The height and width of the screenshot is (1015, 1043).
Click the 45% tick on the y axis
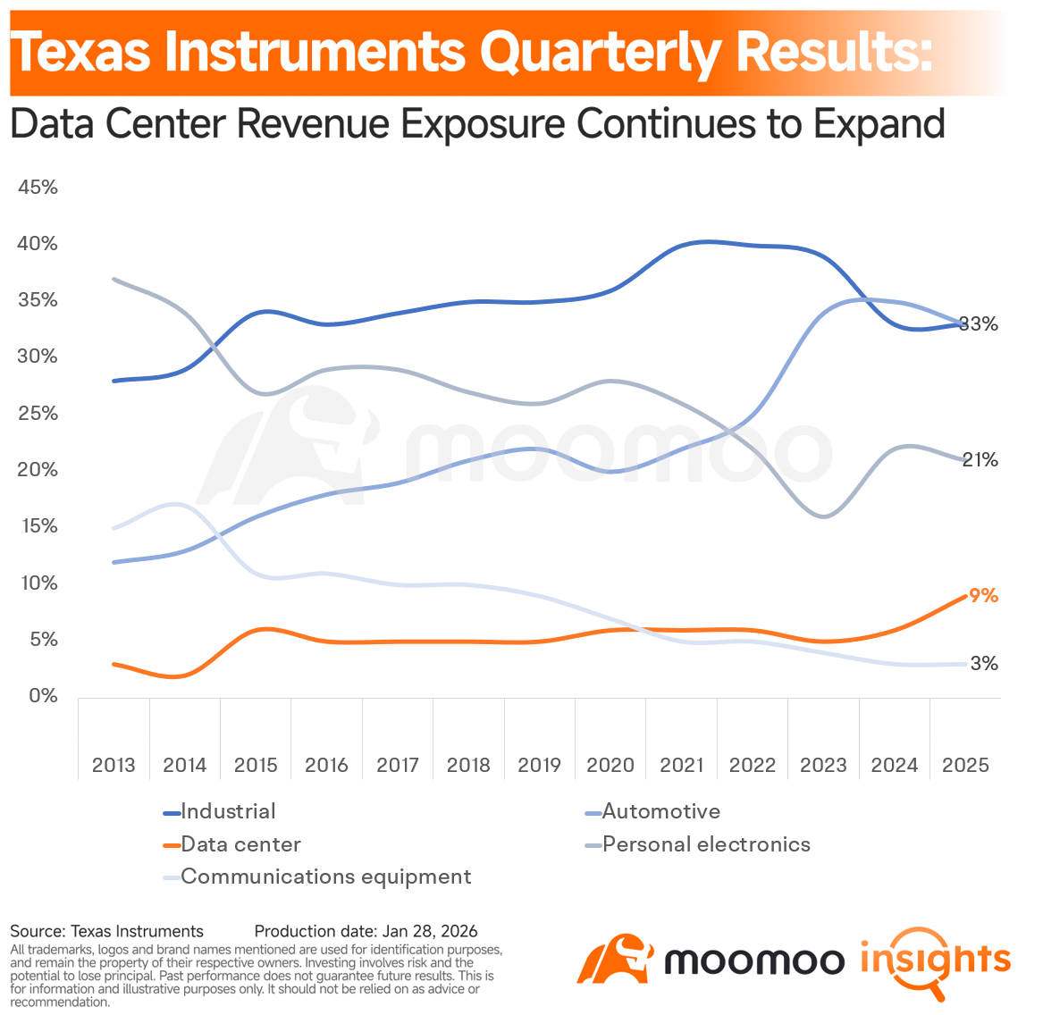(38, 188)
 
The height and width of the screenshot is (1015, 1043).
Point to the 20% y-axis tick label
(38, 470)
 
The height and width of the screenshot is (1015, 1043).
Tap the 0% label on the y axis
(42, 696)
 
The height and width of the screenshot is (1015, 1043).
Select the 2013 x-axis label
(114, 766)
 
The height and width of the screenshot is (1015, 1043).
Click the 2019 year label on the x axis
(539, 766)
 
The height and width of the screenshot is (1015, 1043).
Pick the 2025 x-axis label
(965, 766)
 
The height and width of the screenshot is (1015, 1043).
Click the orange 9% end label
(983, 596)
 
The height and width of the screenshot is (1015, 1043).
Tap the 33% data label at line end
(979, 324)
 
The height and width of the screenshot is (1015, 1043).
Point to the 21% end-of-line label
(980, 460)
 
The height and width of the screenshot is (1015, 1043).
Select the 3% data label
(983, 664)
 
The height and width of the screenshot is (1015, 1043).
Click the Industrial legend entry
(228, 811)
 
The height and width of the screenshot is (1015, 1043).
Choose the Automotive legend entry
(660, 811)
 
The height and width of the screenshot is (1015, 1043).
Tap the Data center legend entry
(240, 844)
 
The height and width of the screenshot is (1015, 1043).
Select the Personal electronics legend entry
(706, 844)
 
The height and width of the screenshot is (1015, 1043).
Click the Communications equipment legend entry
(325, 877)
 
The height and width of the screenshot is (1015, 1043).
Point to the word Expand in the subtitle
(879, 123)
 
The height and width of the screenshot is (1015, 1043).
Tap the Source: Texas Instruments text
(106, 932)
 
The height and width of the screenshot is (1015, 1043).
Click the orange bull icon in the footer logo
(616, 960)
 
